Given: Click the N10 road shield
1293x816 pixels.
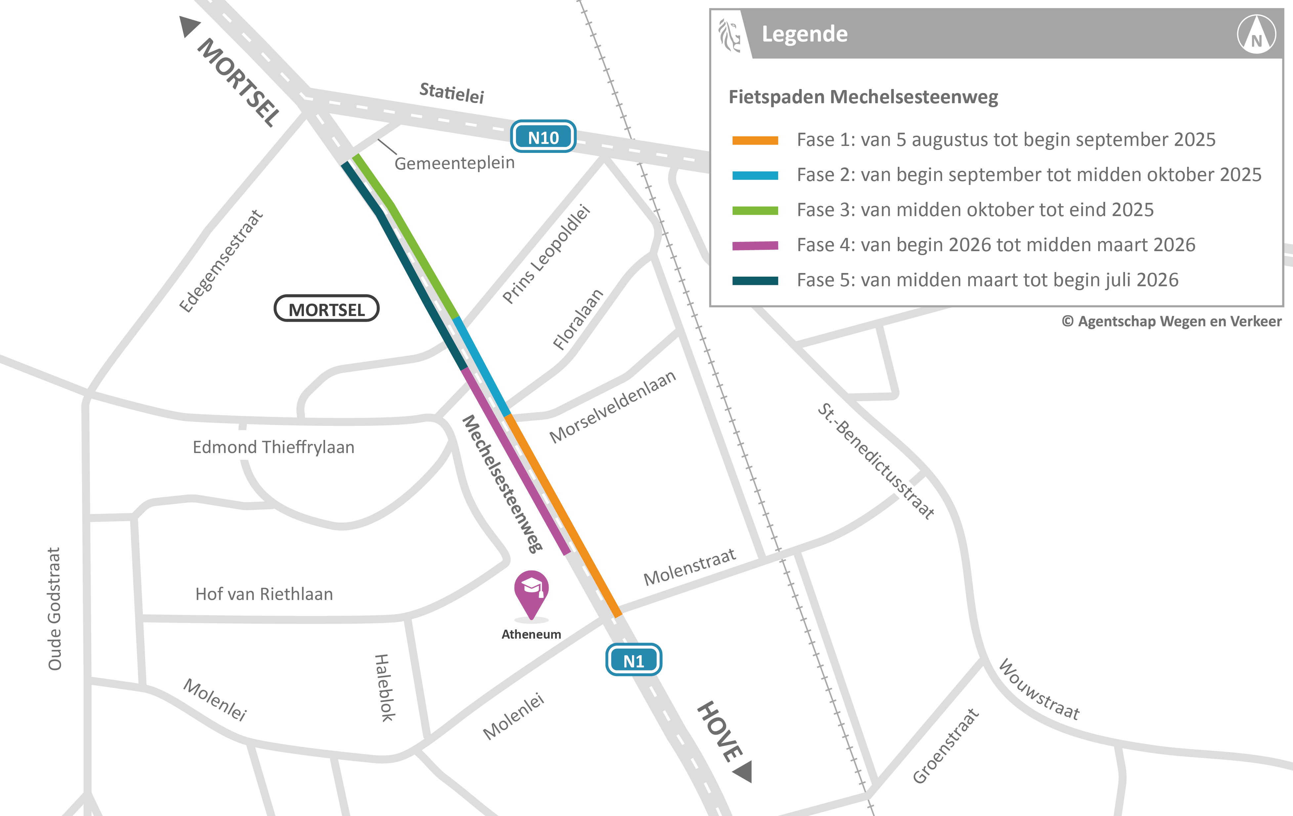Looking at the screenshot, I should coord(543,137).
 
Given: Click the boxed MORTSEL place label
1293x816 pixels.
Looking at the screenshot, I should coord(326,309).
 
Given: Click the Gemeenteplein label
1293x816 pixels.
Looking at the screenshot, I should coord(454,163).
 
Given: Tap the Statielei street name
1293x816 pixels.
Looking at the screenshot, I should coord(452,92).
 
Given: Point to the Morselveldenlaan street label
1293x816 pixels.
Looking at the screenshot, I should coord(612,407).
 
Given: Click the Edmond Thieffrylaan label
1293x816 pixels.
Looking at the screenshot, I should coord(273,447).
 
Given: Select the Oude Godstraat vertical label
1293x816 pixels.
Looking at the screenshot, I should coord(54,609).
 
